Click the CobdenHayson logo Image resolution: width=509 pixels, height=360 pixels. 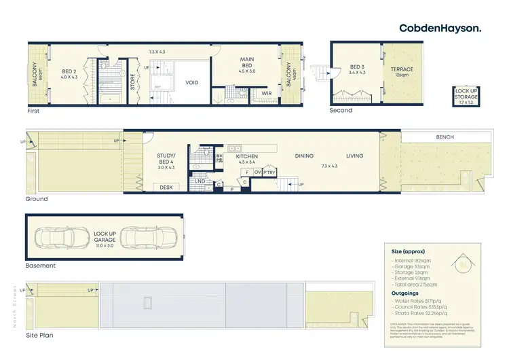coord(440,28)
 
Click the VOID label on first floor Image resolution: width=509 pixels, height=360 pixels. coord(192,82)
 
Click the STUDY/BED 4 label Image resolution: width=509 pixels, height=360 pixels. coord(166,159)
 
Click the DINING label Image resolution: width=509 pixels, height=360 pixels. coord(303,156)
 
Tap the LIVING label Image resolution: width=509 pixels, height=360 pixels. coord(354,156)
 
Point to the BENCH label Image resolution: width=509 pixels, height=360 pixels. coord(445,137)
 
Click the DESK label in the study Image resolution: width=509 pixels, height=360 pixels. coord(166,187)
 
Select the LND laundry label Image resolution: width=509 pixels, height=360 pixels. coord(200,181)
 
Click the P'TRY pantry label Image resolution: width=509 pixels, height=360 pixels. coord(269,173)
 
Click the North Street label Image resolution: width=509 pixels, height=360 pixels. coord(14,306)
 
